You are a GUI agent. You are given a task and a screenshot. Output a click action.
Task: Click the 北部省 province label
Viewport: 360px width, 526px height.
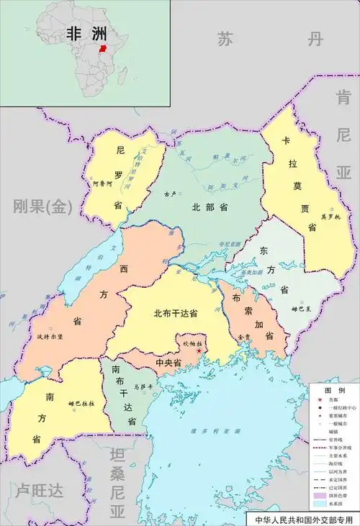210,207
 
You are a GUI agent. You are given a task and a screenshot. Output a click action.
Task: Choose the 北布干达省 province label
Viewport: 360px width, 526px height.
176,314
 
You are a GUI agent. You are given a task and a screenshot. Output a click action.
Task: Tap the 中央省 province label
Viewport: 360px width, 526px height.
168,363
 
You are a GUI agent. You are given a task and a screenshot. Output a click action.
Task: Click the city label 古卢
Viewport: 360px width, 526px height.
171,194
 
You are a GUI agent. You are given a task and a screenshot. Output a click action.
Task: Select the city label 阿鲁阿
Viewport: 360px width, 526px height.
103,183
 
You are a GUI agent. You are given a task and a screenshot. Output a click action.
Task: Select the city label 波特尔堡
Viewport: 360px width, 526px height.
48,336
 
